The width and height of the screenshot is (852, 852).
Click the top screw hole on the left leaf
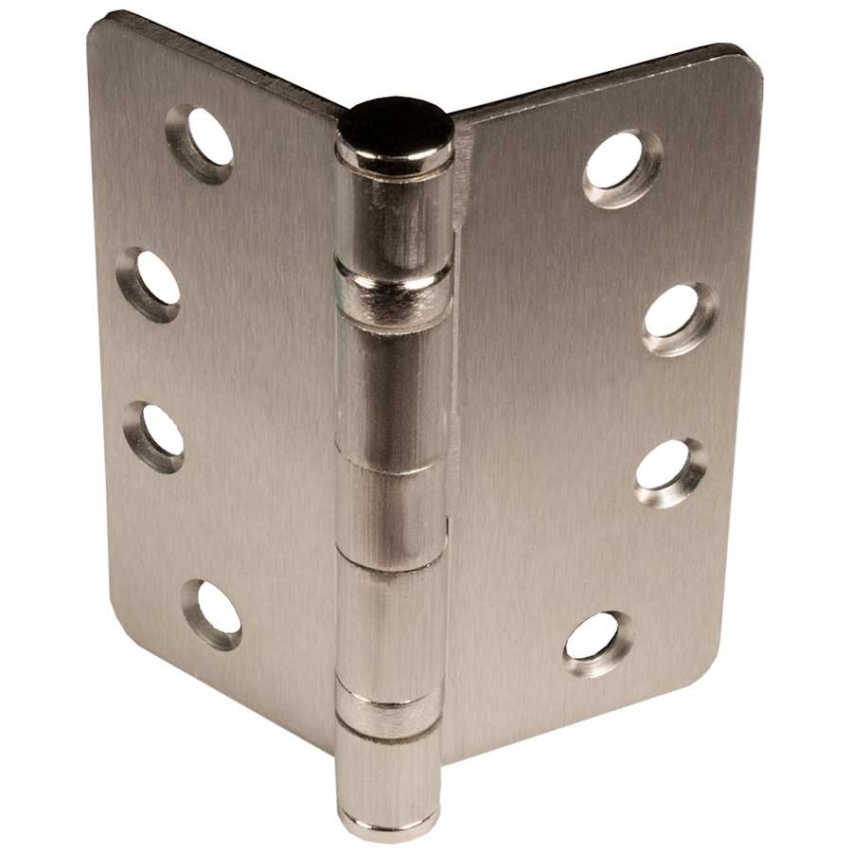[x=201, y=143]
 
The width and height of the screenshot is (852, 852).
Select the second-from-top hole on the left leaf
[x=150, y=283]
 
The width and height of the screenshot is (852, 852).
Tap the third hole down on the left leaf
[x=154, y=435]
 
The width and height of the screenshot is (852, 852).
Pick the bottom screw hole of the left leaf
[x=213, y=612]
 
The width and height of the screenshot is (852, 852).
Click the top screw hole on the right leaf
[x=621, y=167]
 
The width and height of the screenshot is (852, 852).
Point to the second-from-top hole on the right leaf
[x=679, y=317]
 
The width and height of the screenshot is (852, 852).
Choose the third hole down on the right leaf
[x=669, y=470]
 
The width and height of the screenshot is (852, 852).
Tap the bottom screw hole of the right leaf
[x=598, y=643]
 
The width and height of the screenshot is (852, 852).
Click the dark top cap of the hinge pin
[x=395, y=125]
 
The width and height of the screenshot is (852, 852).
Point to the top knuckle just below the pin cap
[x=394, y=218]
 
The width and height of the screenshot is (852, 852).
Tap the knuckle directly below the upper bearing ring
[x=392, y=388]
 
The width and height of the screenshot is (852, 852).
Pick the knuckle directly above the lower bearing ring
[x=390, y=625]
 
